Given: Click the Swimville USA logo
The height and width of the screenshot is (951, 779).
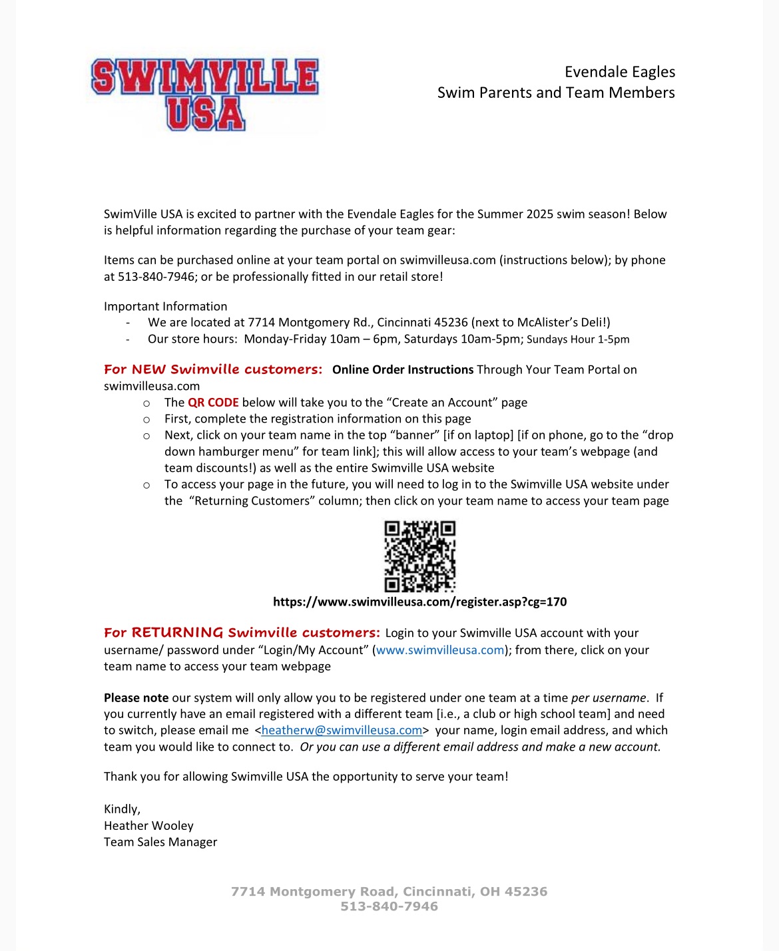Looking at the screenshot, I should click(205, 94).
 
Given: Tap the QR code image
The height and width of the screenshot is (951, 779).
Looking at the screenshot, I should click(420, 556).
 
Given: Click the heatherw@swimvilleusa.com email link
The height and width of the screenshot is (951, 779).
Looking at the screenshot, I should click(342, 730).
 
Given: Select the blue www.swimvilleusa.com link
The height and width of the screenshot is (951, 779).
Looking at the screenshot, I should click(440, 650).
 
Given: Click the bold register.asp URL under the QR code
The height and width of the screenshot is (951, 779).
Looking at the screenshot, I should click(419, 602).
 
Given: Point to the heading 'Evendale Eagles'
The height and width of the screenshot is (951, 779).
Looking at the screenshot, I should click(619, 72).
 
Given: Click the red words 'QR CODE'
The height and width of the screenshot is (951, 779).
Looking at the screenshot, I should click(213, 403).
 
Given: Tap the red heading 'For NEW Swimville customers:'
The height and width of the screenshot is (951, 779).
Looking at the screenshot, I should click(213, 369).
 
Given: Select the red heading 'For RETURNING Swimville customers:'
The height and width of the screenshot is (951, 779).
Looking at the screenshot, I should click(242, 633).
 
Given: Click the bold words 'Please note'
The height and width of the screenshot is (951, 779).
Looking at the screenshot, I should click(136, 698).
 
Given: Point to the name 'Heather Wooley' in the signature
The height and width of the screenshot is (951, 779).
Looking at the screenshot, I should click(148, 826).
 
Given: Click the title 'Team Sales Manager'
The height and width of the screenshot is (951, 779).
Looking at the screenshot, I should click(160, 842).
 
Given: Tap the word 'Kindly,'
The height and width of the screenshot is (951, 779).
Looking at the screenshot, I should click(122, 809).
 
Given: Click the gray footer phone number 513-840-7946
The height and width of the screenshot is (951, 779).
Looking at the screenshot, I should click(389, 906).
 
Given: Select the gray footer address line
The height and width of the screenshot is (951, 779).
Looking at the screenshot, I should click(389, 892).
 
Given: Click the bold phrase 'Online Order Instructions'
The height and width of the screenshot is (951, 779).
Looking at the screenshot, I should click(403, 370).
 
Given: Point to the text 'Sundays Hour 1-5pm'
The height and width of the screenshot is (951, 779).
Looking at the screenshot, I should click(578, 339).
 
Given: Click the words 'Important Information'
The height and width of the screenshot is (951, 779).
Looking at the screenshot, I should click(165, 307).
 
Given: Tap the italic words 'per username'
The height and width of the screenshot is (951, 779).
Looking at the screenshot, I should click(608, 698).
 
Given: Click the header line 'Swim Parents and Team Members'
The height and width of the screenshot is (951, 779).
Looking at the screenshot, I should click(555, 93).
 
